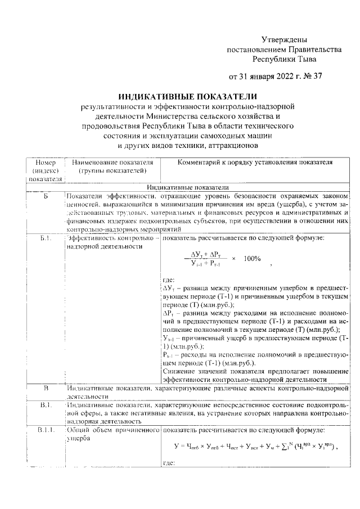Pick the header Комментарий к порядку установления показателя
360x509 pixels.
click(255, 162)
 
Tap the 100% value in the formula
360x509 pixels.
click(252, 259)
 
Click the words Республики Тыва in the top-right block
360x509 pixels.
click(284, 58)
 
